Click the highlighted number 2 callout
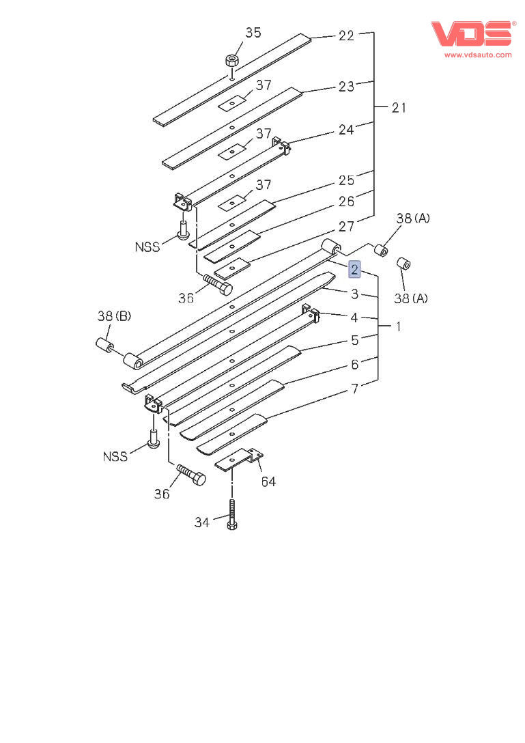[x=354, y=270]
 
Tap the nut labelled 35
[x=232, y=60]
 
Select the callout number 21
[x=399, y=107]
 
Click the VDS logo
[x=470, y=34]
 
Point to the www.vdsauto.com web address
[x=477, y=55]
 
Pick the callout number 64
[x=268, y=481]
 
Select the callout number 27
[x=347, y=227]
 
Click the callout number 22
[x=347, y=36]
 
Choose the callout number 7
[x=355, y=389]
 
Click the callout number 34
[x=201, y=522]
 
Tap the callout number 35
[x=253, y=33]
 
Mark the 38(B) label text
[x=114, y=316]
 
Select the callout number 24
[x=347, y=130]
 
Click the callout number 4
[x=355, y=318]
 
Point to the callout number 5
[x=355, y=340]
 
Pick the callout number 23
[x=347, y=87]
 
